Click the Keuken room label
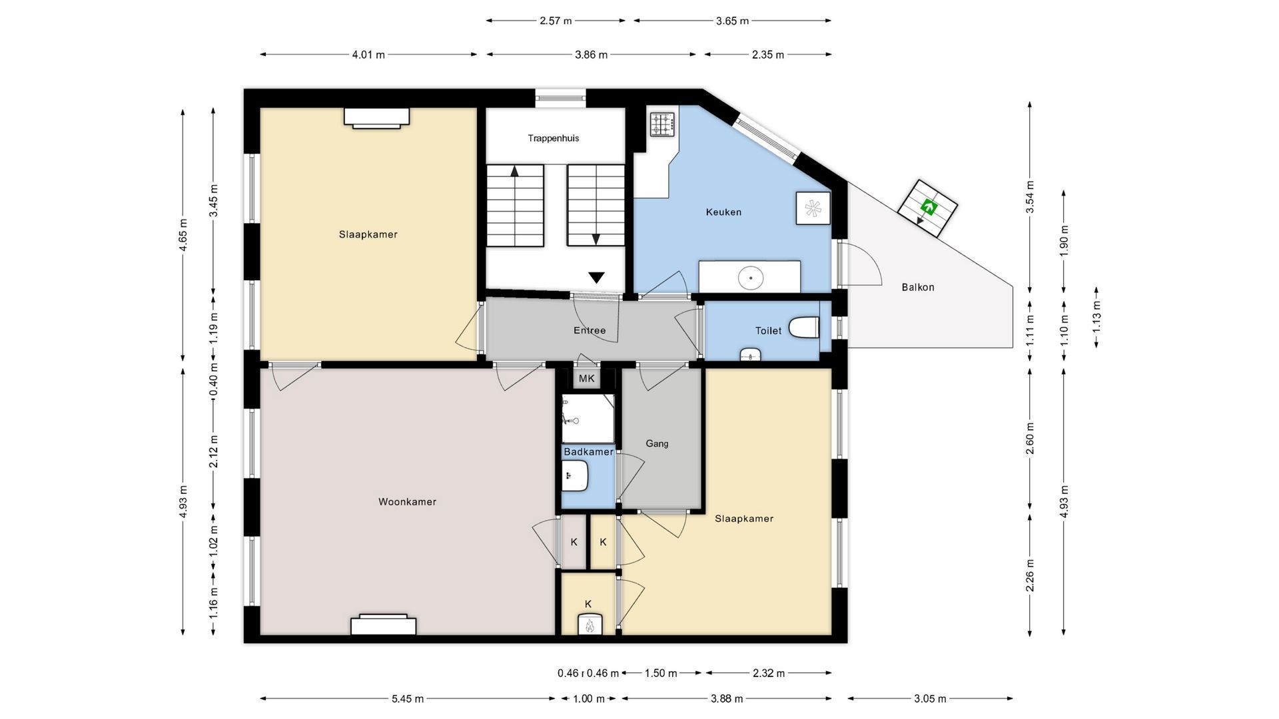pyautogui.click(x=723, y=212)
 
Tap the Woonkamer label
pyautogui.click(x=407, y=502)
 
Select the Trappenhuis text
pyautogui.click(x=554, y=138)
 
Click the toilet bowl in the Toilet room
pyautogui.click(x=803, y=328)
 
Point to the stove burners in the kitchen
pyautogui.click(x=663, y=124)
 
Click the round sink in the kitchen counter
pyautogui.click(x=751, y=277)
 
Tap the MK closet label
pyautogui.click(x=586, y=379)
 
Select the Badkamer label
pyautogui.click(x=588, y=452)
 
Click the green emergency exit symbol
pyautogui.click(x=927, y=207)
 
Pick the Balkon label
pyautogui.click(x=918, y=288)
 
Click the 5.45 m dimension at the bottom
pyautogui.click(x=408, y=699)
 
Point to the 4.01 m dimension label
pyautogui.click(x=368, y=55)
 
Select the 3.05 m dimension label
pyautogui.click(x=930, y=699)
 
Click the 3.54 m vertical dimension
pyautogui.click(x=1030, y=197)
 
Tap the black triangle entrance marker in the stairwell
pyautogui.click(x=596, y=278)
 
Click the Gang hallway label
pyautogui.click(x=657, y=443)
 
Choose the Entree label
pyautogui.click(x=590, y=330)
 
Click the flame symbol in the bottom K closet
pyautogui.click(x=589, y=626)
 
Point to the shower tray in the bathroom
pyautogui.click(x=588, y=419)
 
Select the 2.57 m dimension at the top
pyautogui.click(x=556, y=21)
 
